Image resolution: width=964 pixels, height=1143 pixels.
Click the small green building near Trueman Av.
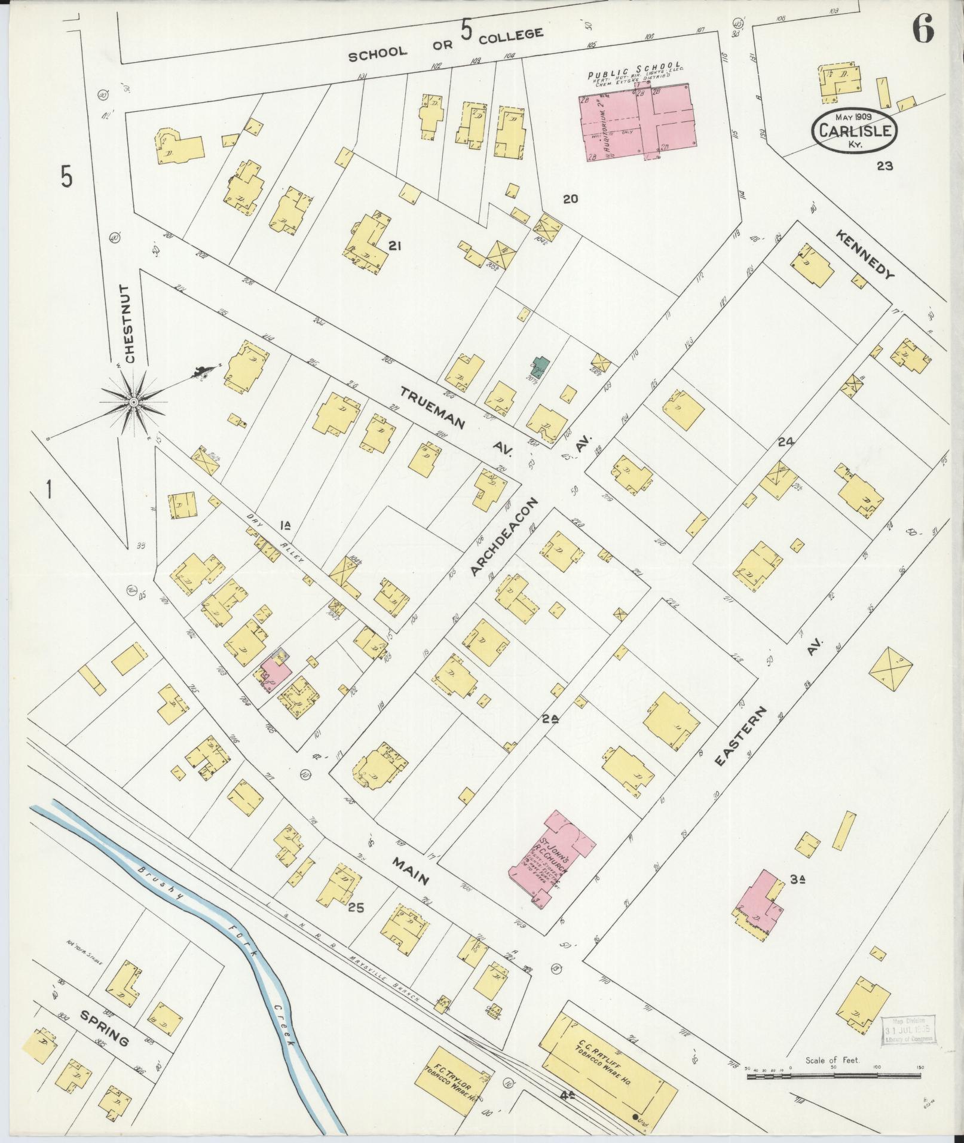pyautogui.click(x=540, y=366)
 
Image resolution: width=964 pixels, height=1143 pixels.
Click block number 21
pyautogui.click(x=393, y=245)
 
